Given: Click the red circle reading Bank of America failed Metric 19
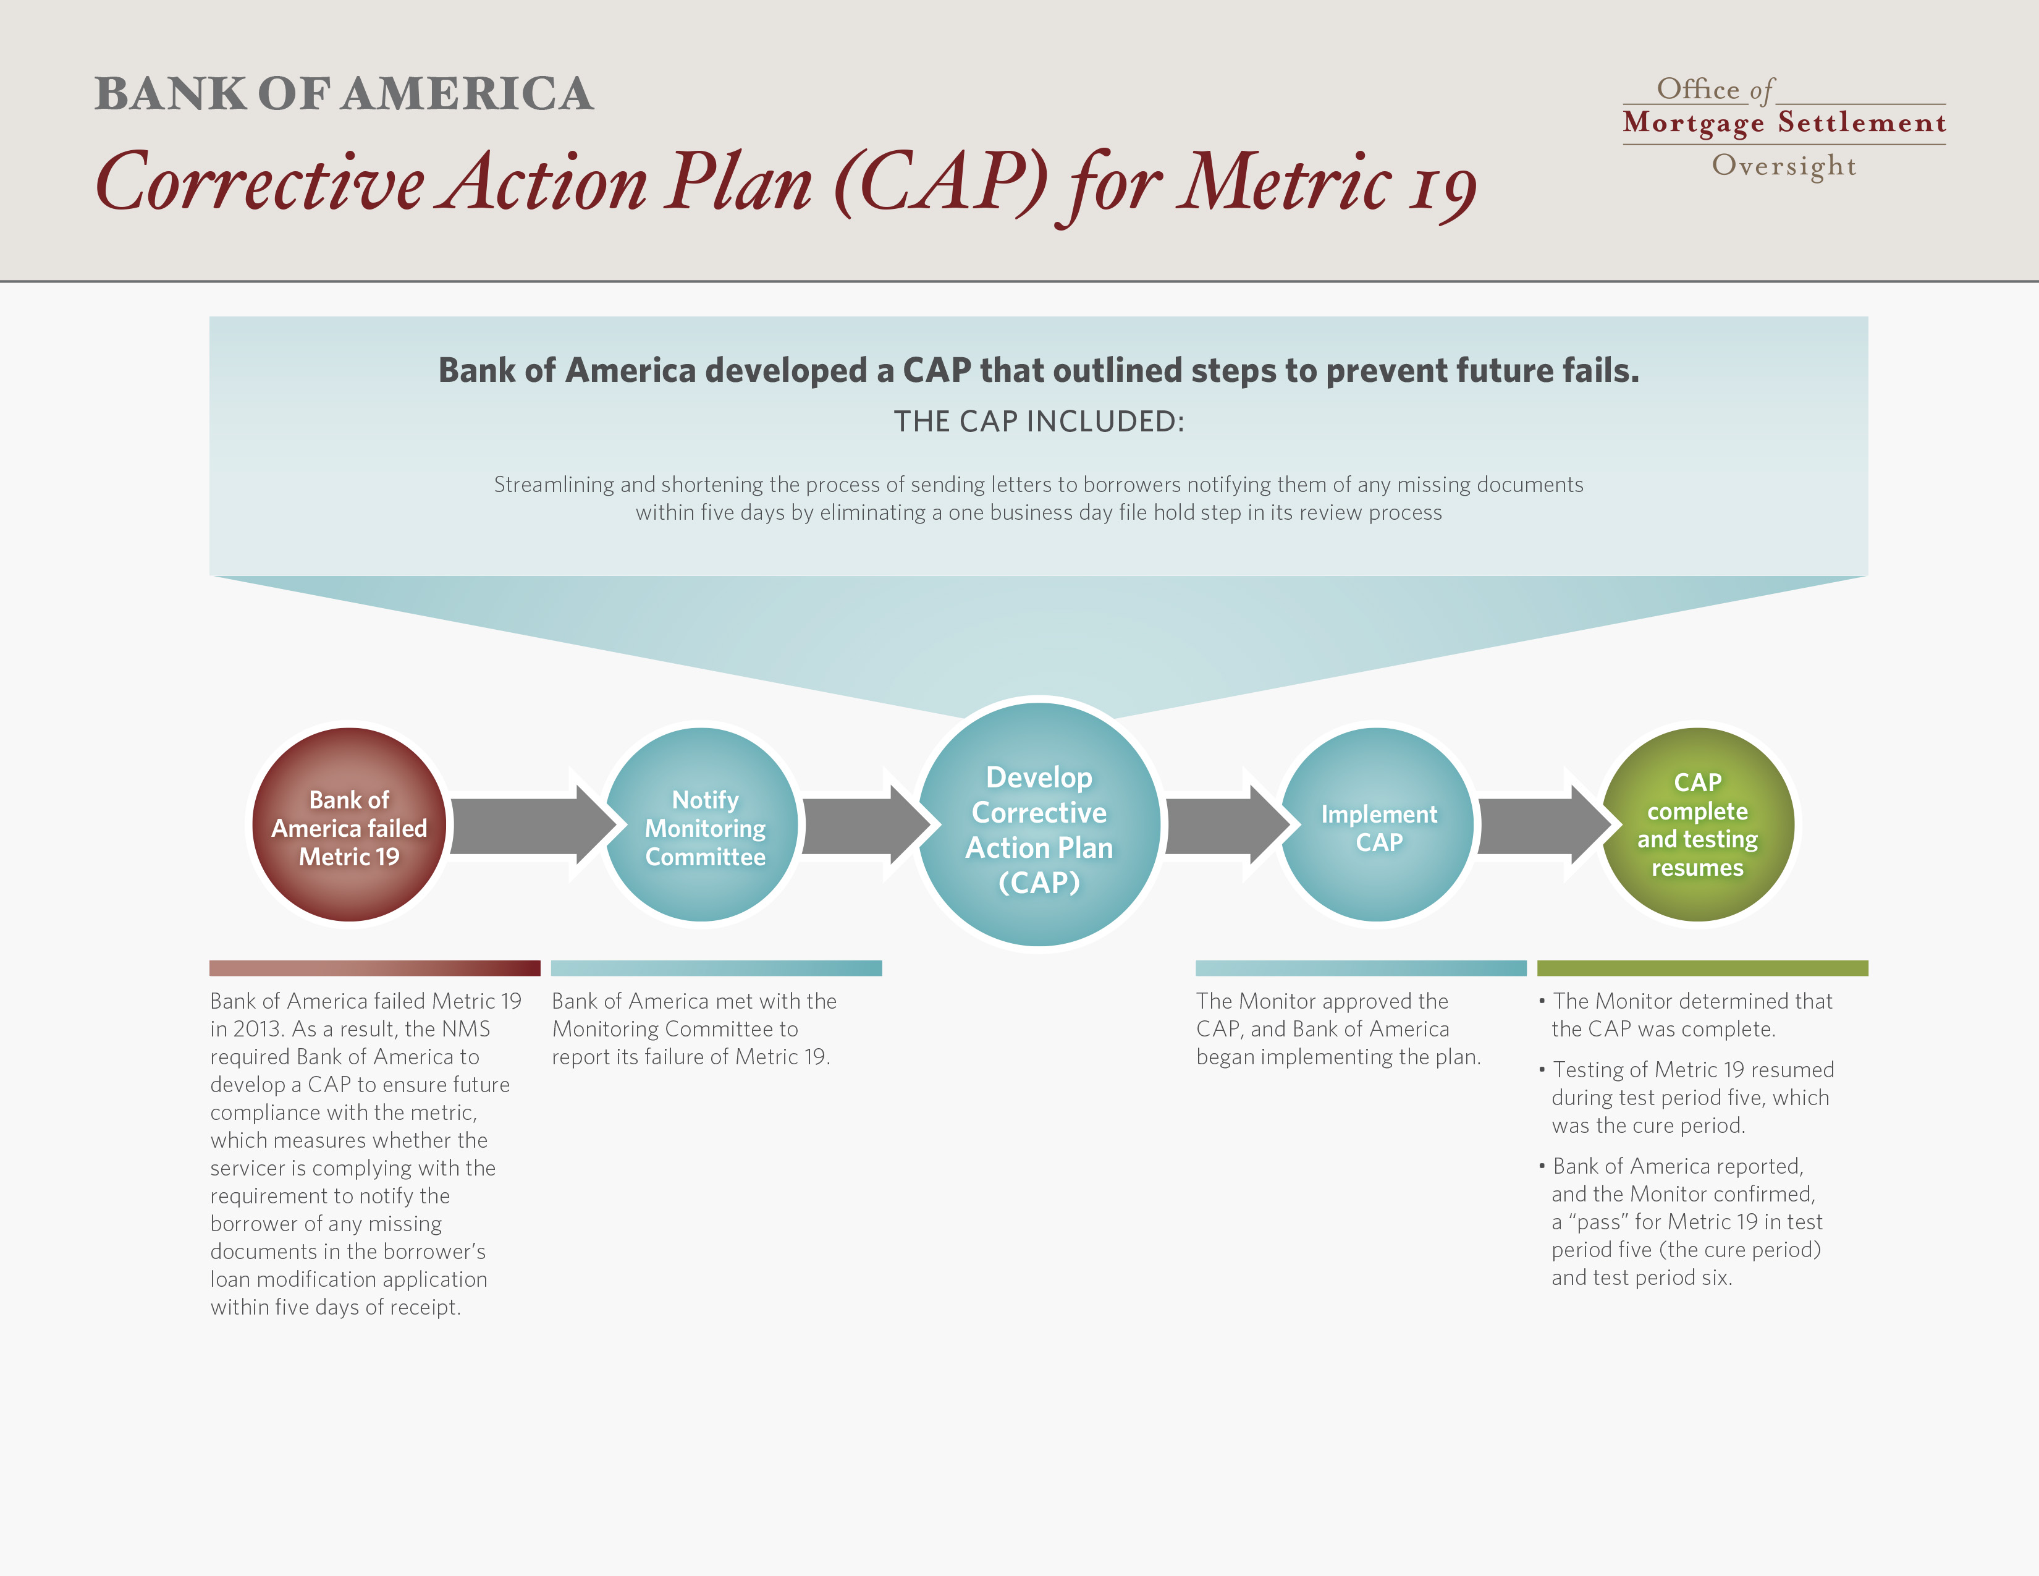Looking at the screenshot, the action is point(349,824).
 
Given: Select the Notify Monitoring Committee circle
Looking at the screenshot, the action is point(702,824).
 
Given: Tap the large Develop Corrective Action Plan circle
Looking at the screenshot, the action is point(1039,824).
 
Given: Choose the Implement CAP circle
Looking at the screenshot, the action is point(1377,824).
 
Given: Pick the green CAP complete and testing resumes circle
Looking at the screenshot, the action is point(1697,824).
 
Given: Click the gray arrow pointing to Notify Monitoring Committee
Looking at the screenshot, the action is point(532,825).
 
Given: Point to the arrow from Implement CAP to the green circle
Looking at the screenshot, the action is point(1545,825).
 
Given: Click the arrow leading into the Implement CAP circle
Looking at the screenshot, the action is point(1228,825).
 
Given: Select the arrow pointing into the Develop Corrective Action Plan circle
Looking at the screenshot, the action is point(866,825).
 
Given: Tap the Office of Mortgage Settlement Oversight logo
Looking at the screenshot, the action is point(1784,127).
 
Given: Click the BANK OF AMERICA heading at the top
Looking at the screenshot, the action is point(344,93).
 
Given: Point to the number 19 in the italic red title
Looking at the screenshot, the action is point(1443,187).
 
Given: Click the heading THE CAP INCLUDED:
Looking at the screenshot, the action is point(1039,421).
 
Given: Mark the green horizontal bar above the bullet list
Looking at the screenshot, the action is point(1702,968).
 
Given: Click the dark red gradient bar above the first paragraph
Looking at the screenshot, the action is point(374,968).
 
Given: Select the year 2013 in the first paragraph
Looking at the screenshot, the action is point(258,1029).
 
